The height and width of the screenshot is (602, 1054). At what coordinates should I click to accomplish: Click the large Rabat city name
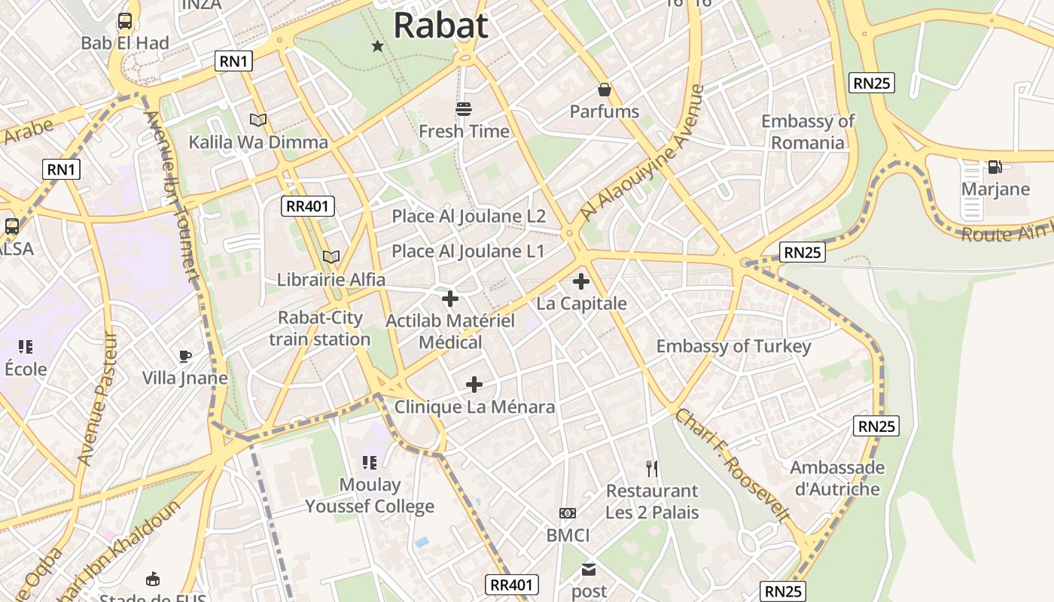tap(441, 25)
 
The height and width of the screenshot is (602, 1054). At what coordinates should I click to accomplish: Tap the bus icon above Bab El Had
tap(125, 21)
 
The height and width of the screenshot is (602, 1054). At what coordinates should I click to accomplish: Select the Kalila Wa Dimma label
tap(258, 142)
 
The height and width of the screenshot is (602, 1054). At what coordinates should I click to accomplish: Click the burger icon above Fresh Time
tap(464, 109)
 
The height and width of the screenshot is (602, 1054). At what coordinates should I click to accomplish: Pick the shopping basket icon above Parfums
tap(605, 90)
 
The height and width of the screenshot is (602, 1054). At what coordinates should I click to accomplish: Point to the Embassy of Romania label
tap(808, 132)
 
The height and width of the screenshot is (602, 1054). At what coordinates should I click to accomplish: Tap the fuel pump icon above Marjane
tap(995, 167)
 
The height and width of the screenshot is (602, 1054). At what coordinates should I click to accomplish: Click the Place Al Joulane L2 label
tap(468, 217)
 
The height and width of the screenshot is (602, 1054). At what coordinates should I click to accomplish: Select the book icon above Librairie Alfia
tap(331, 257)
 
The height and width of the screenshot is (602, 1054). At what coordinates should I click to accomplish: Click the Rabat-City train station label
tap(320, 329)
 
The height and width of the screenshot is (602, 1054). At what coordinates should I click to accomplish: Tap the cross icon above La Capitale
tap(581, 282)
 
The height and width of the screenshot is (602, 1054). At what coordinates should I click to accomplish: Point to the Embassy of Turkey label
tap(733, 346)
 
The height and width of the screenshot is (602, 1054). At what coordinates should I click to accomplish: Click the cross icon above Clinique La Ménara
tap(474, 385)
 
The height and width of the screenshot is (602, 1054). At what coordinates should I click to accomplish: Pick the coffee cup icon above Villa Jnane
tap(185, 356)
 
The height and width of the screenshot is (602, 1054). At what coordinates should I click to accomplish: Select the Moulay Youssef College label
tap(370, 495)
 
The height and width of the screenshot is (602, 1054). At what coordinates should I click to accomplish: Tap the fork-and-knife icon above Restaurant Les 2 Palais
tap(652, 469)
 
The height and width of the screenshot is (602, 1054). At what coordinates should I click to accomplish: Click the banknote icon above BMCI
tap(568, 513)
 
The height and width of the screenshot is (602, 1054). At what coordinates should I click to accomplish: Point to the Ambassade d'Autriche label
tap(837, 478)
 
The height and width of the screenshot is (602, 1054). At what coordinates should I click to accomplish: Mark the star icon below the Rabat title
tap(378, 47)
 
